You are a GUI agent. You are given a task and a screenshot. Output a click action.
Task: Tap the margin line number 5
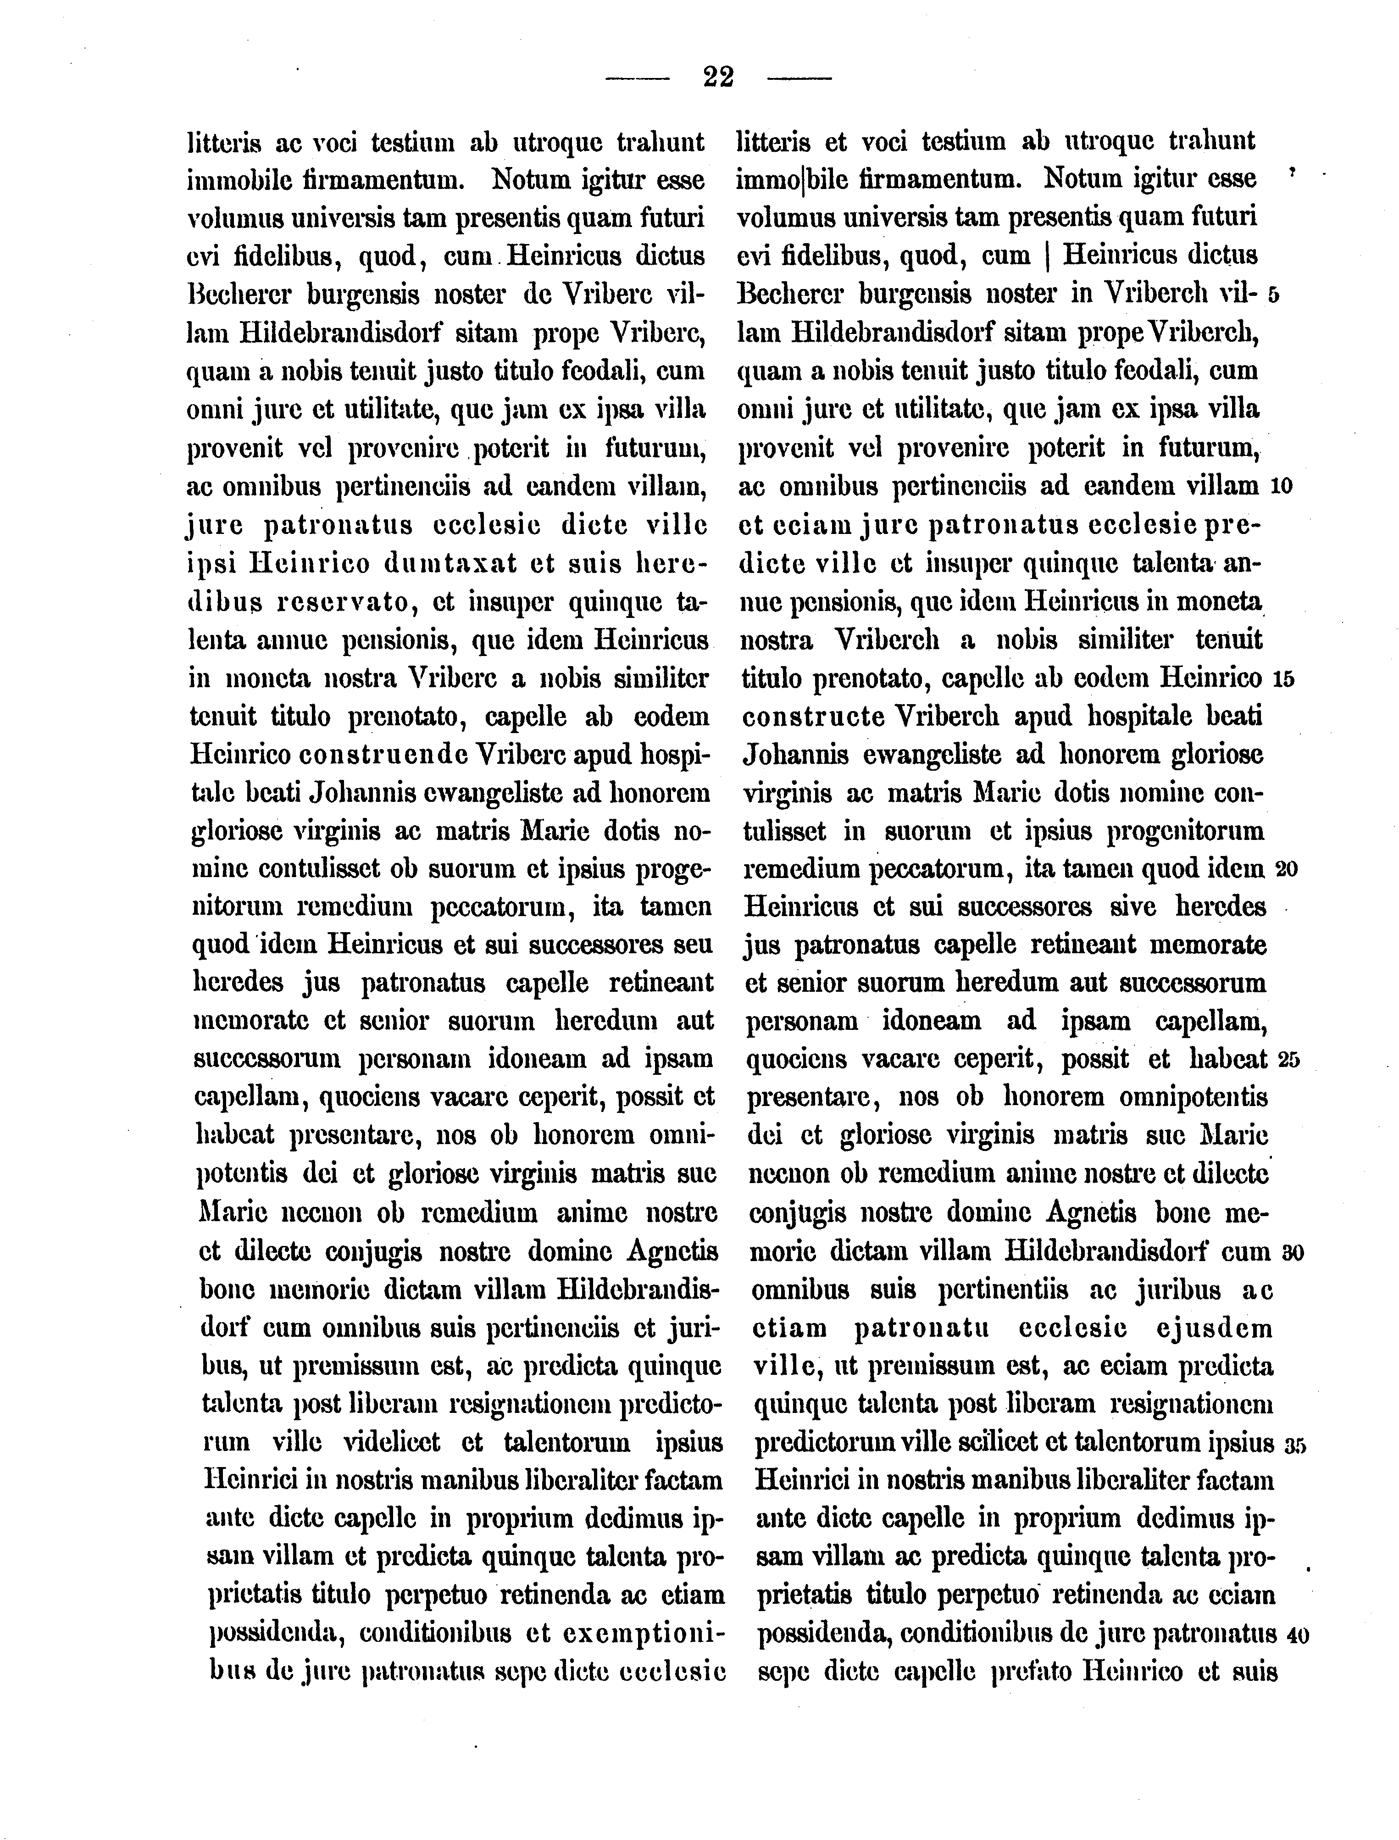pos(1273,296)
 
